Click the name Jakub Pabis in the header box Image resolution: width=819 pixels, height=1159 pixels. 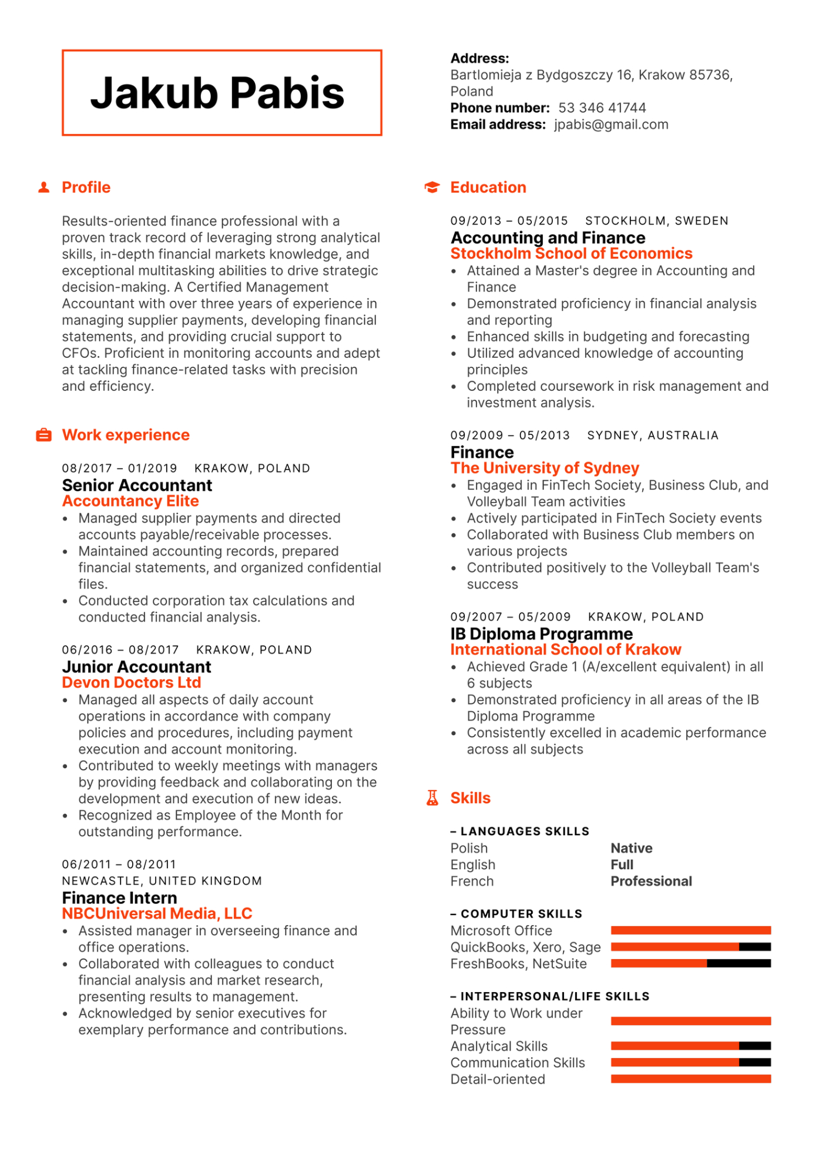217,93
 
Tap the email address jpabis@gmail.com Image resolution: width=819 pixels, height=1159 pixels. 611,125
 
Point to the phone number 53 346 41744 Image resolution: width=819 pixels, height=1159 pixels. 602,108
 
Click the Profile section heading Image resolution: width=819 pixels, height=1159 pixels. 86,187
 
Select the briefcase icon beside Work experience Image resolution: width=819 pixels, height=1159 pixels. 43,435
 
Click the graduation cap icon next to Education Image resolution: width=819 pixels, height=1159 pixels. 432,187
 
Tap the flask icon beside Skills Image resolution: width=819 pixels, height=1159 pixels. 432,798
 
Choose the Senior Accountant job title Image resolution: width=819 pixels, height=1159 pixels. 137,485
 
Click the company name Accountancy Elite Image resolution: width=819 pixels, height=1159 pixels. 130,501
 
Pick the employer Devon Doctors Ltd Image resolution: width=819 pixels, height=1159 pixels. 132,683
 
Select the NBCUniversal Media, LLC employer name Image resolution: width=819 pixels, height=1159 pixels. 157,914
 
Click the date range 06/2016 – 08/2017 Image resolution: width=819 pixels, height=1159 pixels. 120,650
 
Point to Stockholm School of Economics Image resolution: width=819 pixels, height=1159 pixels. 571,254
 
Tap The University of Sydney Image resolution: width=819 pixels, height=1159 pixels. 545,468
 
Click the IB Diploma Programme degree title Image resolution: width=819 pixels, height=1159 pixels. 541,634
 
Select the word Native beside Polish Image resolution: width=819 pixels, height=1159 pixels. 631,849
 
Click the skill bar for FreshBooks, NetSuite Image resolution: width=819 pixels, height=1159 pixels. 690,963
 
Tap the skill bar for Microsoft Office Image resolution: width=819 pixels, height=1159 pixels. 690,930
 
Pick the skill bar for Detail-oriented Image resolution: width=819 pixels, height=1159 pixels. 690,1079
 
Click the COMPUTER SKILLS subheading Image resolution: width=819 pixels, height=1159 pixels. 521,914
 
